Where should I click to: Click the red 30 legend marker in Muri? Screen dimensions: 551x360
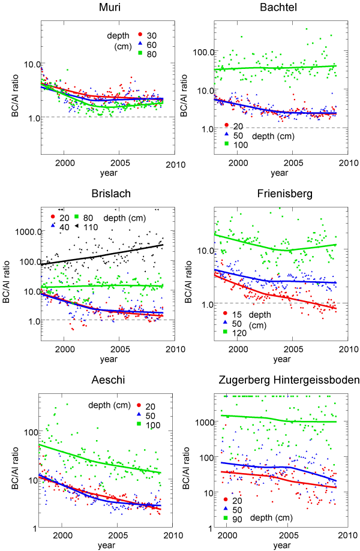(x=139, y=34)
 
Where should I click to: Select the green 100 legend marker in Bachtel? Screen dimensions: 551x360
(x=227, y=144)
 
